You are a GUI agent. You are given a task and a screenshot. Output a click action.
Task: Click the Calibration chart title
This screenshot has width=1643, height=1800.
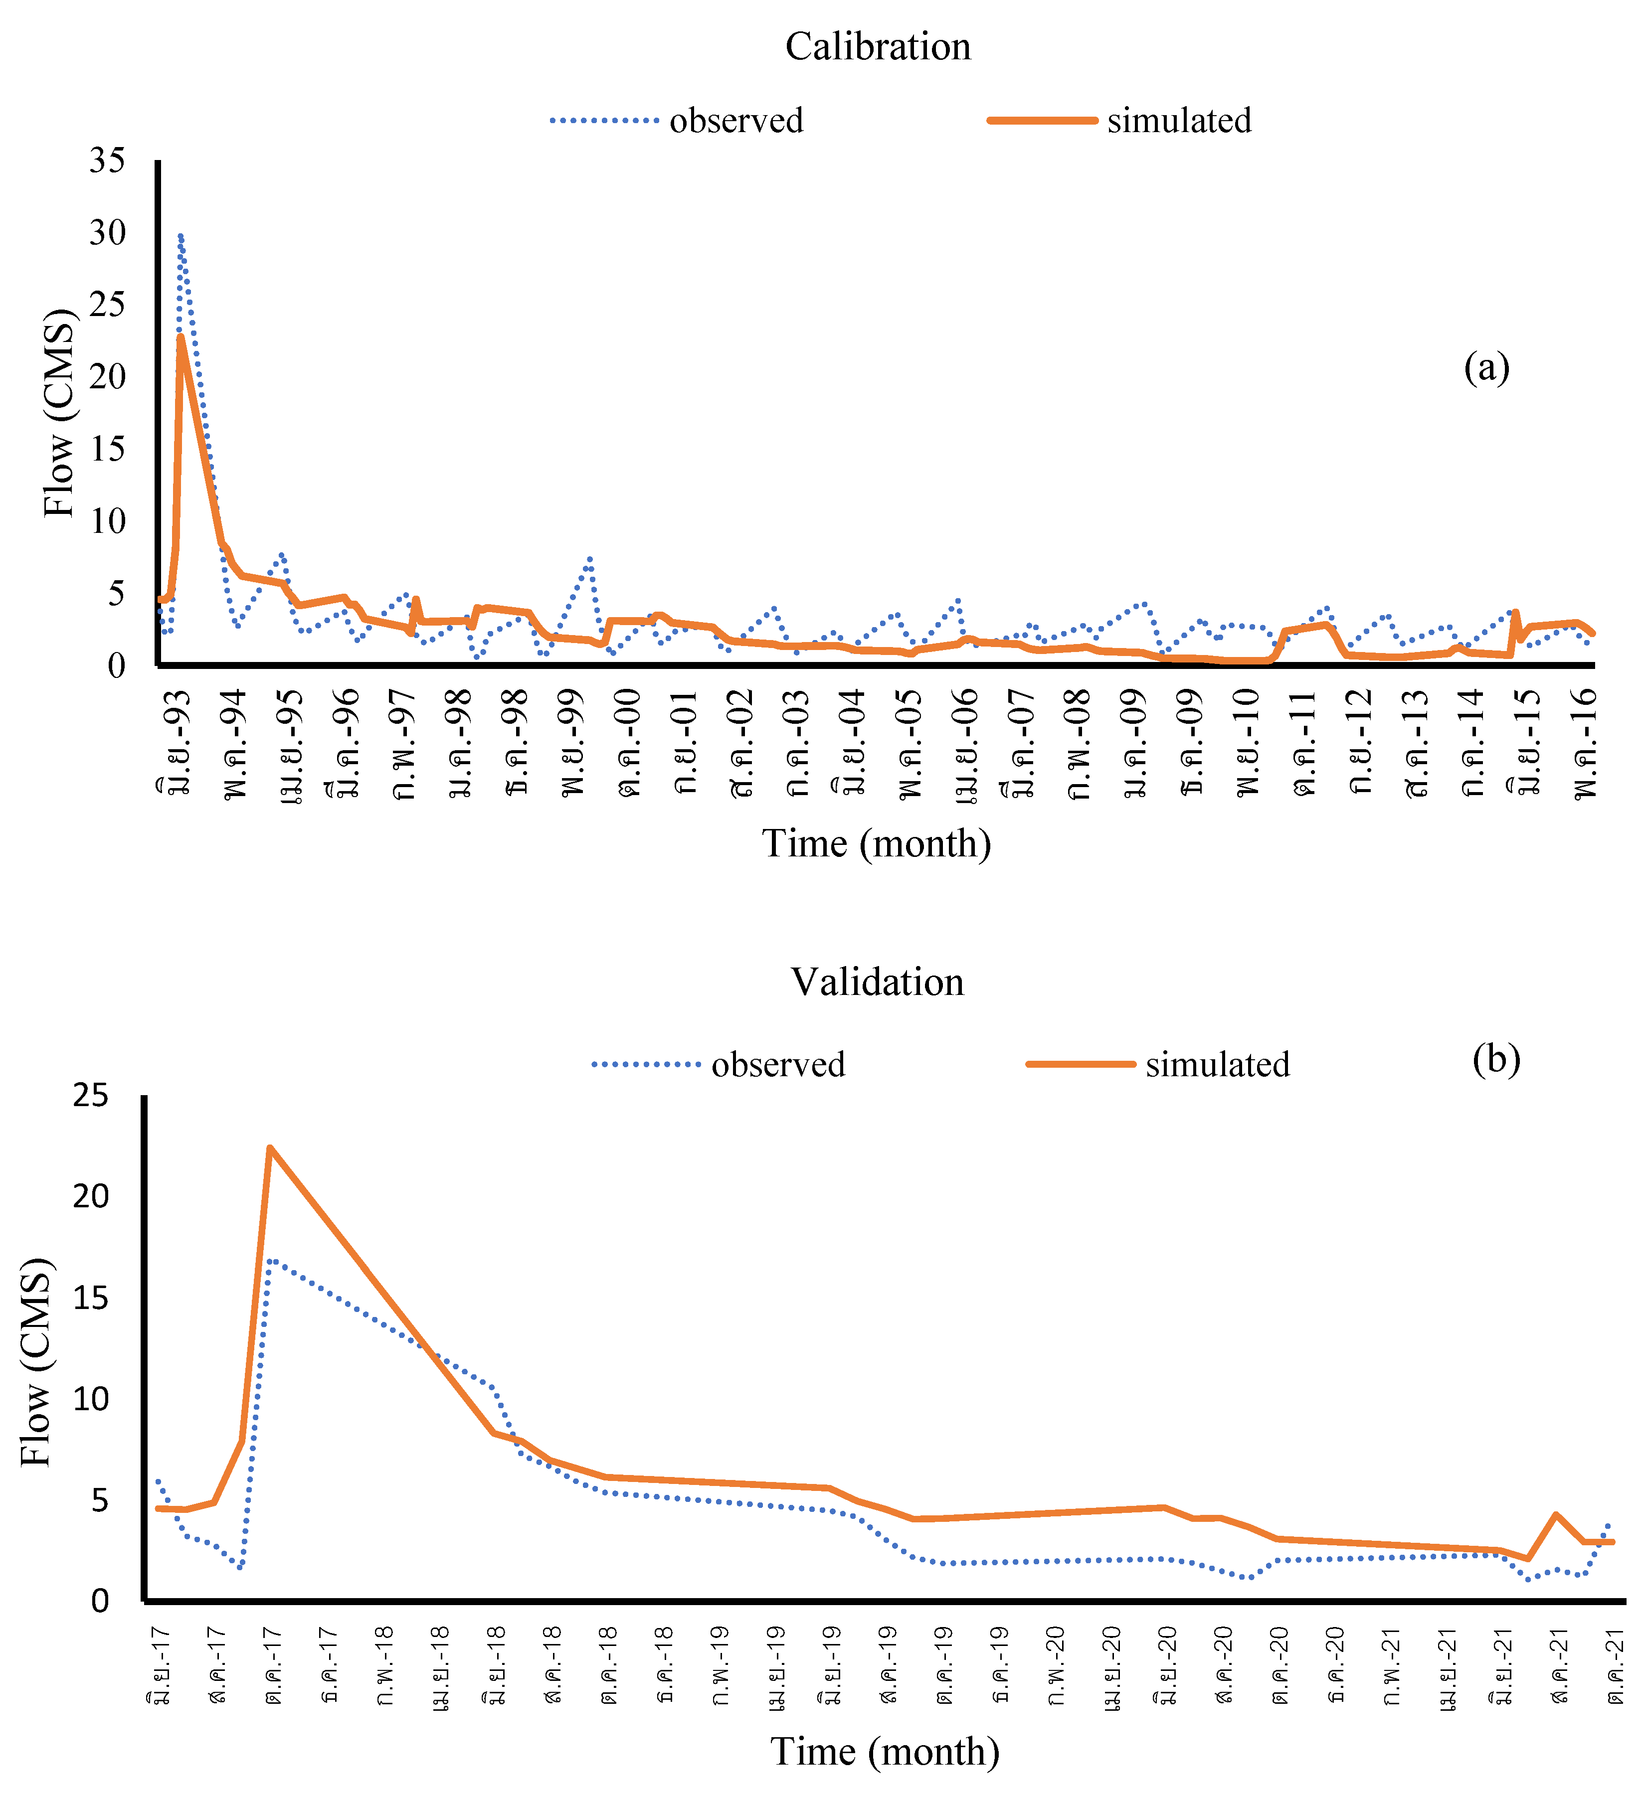pos(878,46)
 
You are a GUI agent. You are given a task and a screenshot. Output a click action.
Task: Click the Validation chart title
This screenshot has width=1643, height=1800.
pos(878,982)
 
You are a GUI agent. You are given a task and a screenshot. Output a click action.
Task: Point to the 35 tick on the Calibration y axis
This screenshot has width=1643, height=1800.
pos(107,161)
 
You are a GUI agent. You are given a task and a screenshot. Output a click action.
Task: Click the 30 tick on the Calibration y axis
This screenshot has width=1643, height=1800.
pos(107,233)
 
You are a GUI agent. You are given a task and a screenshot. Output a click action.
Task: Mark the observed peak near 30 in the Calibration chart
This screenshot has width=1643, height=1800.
pos(181,237)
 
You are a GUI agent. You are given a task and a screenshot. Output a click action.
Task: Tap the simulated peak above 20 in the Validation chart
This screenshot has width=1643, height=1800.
pos(270,1148)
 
